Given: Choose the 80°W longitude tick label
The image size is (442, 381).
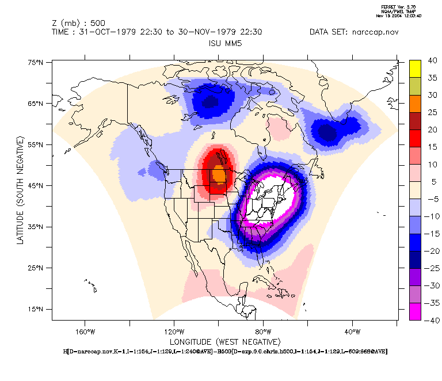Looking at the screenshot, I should (x=263, y=332).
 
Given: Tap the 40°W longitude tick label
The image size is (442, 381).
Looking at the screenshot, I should (x=352, y=332).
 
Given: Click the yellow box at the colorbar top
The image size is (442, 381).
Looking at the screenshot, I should (x=417, y=68).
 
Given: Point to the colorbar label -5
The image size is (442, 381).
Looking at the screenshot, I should (x=433, y=199).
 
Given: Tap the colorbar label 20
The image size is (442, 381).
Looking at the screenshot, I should (x=432, y=130).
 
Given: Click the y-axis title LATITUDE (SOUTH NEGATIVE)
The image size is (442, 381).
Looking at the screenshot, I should (x=20, y=190).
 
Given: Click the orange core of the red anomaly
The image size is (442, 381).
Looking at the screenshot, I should (x=219, y=174).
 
